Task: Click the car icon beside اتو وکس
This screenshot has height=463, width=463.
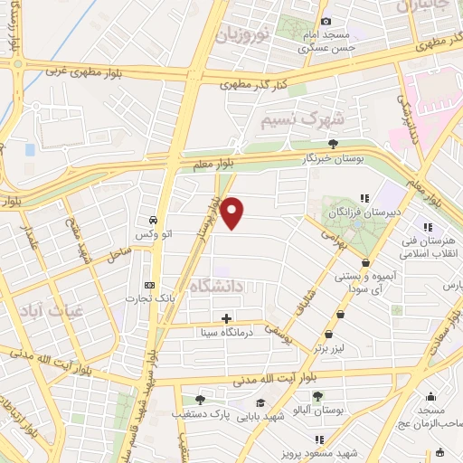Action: (153, 220)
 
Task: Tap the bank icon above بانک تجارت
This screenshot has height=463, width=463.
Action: (149, 286)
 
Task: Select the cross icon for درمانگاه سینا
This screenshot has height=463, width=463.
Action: (226, 318)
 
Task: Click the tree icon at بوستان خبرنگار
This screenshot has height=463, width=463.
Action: (334, 143)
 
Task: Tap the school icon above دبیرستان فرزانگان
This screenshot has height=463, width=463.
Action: (365, 197)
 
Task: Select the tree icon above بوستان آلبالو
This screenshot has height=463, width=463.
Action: (317, 395)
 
